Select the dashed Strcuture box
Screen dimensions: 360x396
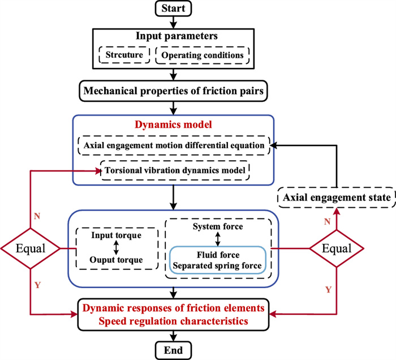124,55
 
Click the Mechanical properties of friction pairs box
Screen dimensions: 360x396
178,90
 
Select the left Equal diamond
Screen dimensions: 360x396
31,248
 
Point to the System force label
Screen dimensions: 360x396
218,226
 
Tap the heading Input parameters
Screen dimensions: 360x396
177,37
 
